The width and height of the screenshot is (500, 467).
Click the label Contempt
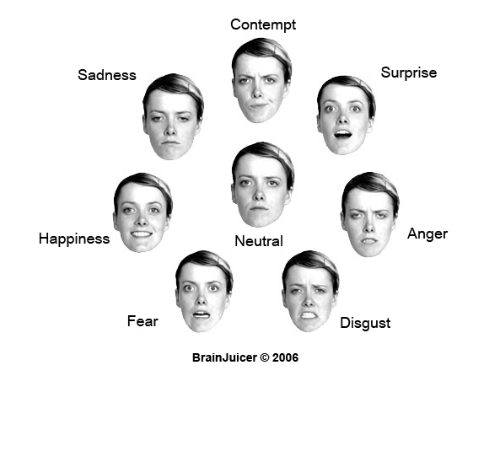(x=263, y=24)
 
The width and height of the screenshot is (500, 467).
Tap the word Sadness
(x=107, y=75)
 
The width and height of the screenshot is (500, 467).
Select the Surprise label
(x=408, y=73)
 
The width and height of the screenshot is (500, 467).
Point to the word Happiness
(x=74, y=239)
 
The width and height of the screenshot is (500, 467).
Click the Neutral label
(x=259, y=241)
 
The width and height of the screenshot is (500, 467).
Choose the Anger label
(x=427, y=234)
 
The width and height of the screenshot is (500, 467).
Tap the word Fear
(x=142, y=321)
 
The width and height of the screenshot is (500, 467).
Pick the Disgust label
(x=365, y=323)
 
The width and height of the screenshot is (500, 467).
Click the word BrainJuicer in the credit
(x=224, y=357)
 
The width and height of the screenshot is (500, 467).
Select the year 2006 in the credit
(x=285, y=357)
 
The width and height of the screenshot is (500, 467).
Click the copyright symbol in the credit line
(x=265, y=357)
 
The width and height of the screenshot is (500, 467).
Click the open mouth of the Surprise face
(x=343, y=135)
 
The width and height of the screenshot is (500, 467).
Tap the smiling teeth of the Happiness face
(x=142, y=234)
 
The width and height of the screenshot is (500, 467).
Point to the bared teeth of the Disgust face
(x=308, y=315)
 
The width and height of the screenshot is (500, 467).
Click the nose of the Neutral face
(x=259, y=196)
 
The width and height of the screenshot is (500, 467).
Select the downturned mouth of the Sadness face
(x=170, y=142)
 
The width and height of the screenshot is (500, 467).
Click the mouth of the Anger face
(x=369, y=241)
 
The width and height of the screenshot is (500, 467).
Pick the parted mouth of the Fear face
(x=202, y=314)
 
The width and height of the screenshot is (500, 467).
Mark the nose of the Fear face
(x=202, y=298)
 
